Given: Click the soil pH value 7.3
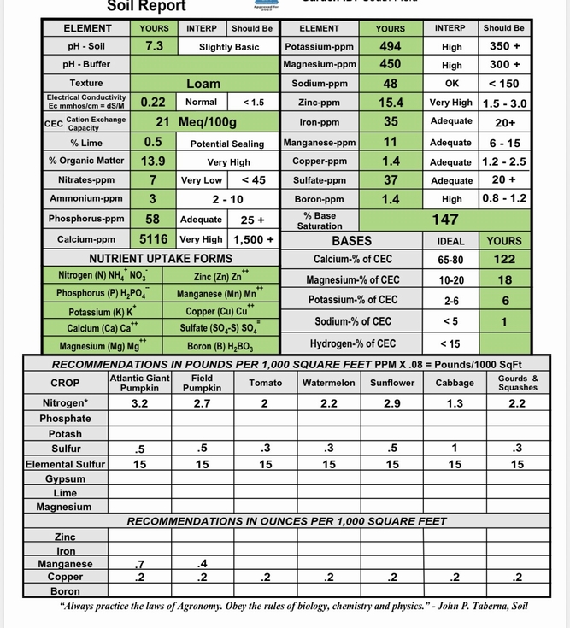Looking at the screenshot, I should pyautogui.click(x=155, y=46).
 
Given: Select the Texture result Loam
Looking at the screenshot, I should pyautogui.click(x=203, y=84).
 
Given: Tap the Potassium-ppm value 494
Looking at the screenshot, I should pyautogui.click(x=391, y=46).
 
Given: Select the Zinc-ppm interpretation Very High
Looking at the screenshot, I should pyautogui.click(x=451, y=103).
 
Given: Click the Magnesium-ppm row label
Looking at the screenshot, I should pyautogui.click(x=320, y=64).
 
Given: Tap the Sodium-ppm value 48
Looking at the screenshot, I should pyautogui.click(x=391, y=84).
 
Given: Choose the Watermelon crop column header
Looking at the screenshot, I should pyautogui.click(x=329, y=383).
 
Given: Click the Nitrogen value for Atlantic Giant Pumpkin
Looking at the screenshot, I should pyautogui.click(x=140, y=403).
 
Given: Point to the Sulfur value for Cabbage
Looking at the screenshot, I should pyautogui.click(x=455, y=448).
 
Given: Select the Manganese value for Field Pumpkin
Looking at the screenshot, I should pyautogui.click(x=202, y=563).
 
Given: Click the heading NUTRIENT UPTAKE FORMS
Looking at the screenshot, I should pyautogui.click(x=161, y=258).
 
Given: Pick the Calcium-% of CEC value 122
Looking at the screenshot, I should pyautogui.click(x=503, y=259).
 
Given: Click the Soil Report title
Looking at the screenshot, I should pyautogui.click(x=146, y=6).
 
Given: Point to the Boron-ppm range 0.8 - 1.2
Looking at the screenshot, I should pyautogui.click(x=504, y=198).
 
